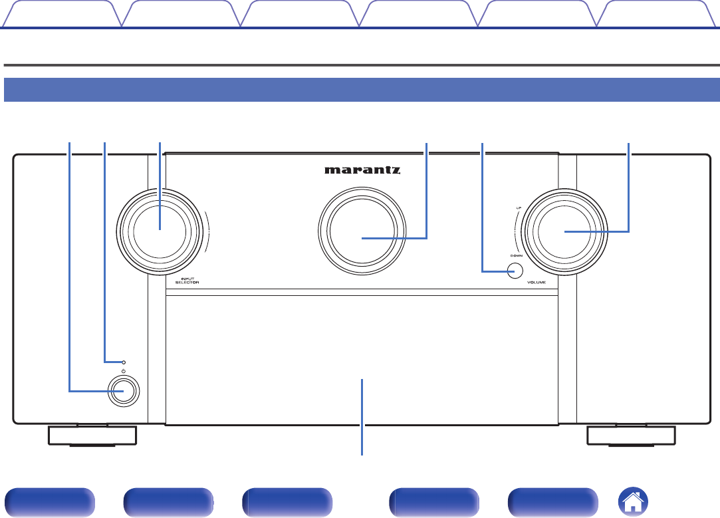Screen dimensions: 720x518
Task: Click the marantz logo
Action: click(362, 170)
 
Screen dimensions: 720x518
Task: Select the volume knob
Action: click(564, 231)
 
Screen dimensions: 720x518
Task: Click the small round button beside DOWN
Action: click(514, 271)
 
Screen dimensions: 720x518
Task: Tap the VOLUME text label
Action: click(537, 283)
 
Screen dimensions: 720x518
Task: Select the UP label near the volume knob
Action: click(518, 208)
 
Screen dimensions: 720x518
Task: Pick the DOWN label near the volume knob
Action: click(516, 255)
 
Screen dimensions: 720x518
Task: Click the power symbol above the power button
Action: click(124, 370)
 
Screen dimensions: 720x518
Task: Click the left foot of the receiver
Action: click(92, 436)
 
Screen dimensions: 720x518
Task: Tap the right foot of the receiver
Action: click(631, 436)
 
